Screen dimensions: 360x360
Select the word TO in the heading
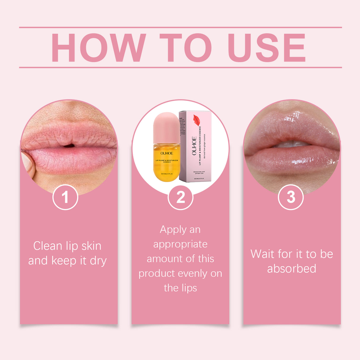coord(186,48)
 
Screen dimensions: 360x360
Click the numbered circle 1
coord(65,197)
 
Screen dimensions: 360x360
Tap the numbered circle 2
coord(180,197)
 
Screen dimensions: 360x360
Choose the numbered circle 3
coord(291,197)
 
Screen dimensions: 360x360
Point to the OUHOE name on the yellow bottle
coord(167,153)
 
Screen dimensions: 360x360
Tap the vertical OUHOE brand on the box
coord(194,146)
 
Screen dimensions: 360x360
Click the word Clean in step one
coord(47,246)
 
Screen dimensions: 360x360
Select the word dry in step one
coord(98,261)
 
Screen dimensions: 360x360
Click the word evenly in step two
coord(193,273)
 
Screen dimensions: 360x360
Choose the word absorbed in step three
coord(291,269)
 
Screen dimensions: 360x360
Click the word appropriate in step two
coord(180,245)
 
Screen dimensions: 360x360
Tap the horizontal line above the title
coord(180,27)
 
